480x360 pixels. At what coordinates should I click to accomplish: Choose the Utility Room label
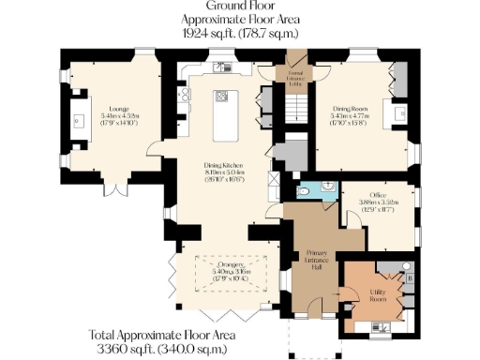click(381, 296)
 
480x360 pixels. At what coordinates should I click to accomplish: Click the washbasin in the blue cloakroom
click(325, 186)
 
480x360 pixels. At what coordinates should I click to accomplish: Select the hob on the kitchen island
click(223, 96)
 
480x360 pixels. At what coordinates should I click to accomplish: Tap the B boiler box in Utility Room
click(409, 278)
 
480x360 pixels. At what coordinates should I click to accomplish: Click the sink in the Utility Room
click(383, 325)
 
